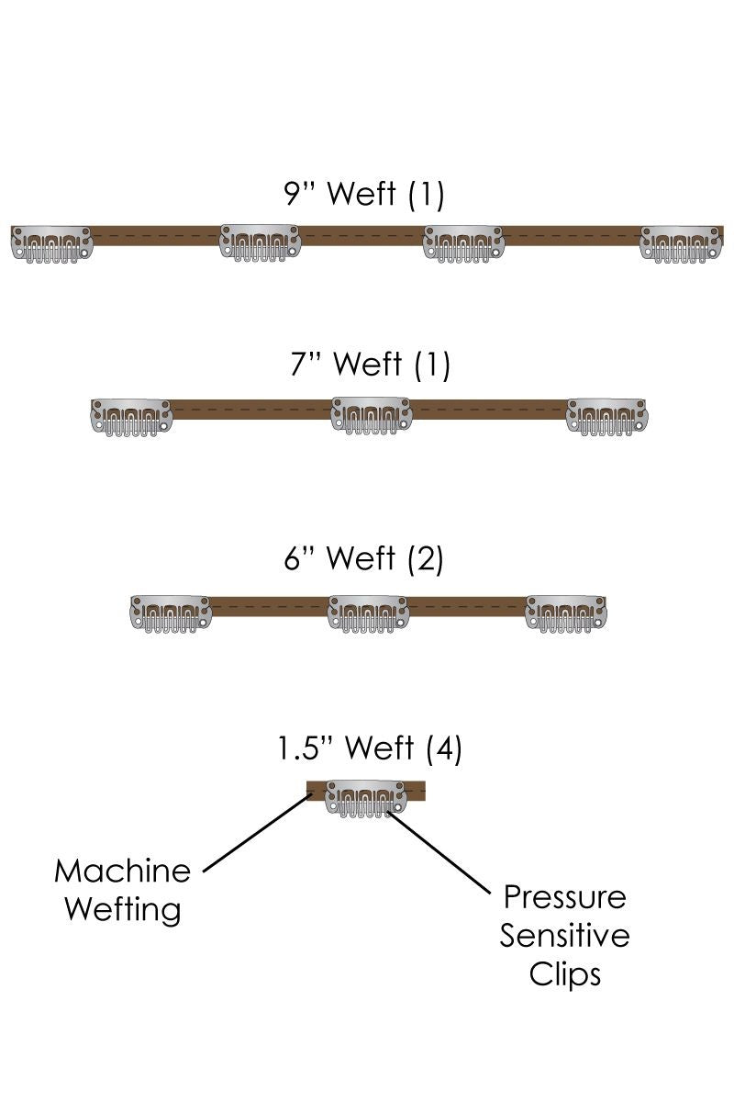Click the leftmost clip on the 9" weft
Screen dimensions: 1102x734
pyautogui.click(x=51, y=244)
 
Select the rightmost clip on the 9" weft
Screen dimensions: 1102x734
pyautogui.click(x=681, y=244)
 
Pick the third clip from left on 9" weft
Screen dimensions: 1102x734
pyautogui.click(x=463, y=244)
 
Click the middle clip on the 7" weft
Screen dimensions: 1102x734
pyautogui.click(x=371, y=416)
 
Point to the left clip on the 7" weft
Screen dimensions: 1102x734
pyautogui.click(x=131, y=416)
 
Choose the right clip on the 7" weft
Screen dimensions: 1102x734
pyautogui.click(x=606, y=416)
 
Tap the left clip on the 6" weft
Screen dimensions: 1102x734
pyautogui.click(x=171, y=613)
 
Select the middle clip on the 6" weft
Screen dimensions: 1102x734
pyautogui.click(x=368, y=613)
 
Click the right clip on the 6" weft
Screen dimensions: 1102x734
pyautogui.click(x=566, y=613)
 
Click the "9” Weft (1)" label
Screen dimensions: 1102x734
pyautogui.click(x=364, y=194)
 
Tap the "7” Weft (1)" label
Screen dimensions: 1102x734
pyautogui.click(x=366, y=365)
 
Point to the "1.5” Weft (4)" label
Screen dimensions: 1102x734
pyautogui.click(x=370, y=748)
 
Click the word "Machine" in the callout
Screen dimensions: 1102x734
pyautogui.click(x=122, y=871)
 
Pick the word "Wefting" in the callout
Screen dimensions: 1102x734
pyautogui.click(x=123, y=910)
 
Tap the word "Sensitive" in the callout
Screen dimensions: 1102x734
pyautogui.click(x=565, y=935)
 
